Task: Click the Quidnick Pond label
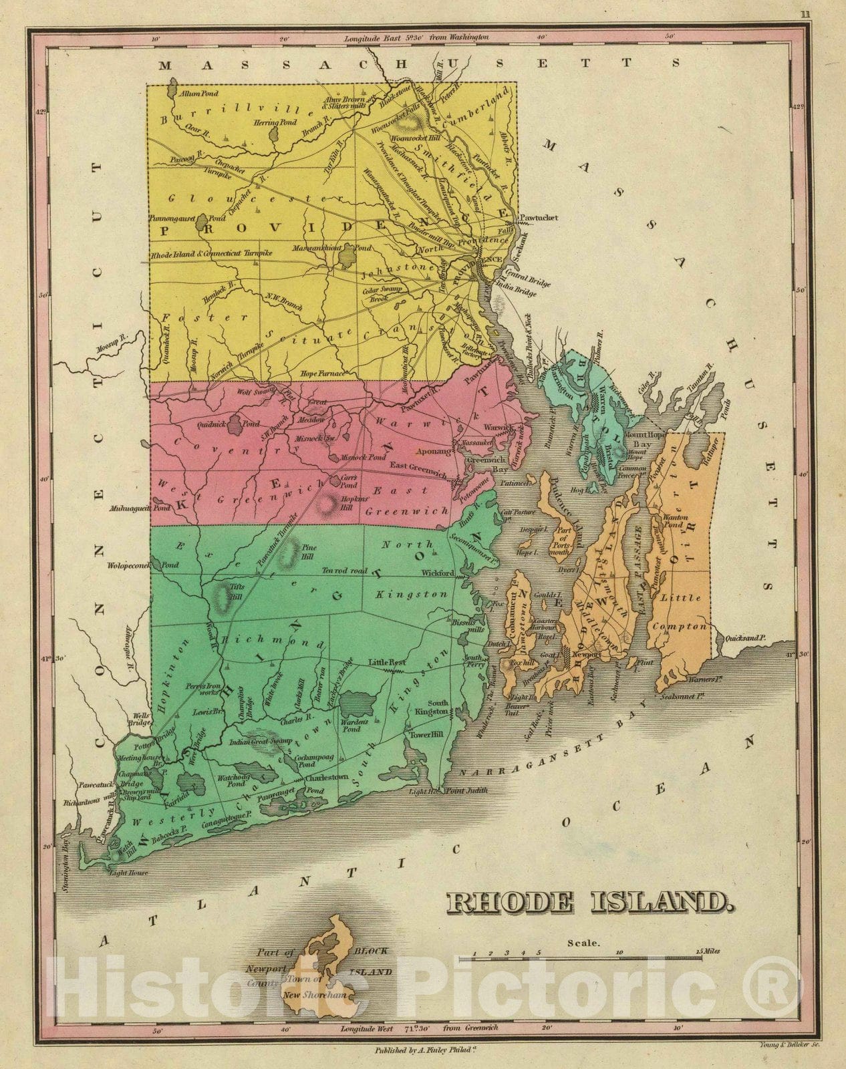[x=228, y=424]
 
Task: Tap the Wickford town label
[x=438, y=573]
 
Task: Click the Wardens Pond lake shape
[x=358, y=703]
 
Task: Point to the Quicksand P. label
[x=744, y=638]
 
